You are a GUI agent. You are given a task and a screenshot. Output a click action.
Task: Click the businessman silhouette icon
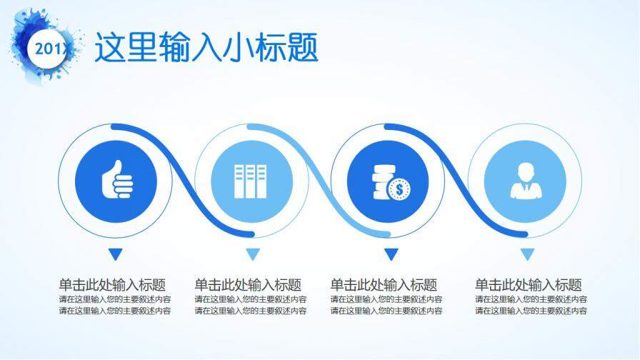pos(525,180)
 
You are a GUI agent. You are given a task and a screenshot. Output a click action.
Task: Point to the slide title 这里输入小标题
pos(206,48)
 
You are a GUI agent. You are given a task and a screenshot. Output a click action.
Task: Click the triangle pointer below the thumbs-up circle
pos(116,254)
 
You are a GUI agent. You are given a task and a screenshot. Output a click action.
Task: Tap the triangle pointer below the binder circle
pos(251,254)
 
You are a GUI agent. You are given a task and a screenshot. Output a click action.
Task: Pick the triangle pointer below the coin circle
pos(391,254)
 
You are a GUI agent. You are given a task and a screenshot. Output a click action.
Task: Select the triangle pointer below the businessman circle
pos(527,254)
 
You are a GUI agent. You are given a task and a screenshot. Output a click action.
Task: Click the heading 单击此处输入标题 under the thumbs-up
pos(113,284)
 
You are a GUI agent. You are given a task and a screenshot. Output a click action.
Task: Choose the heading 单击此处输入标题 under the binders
pos(248,284)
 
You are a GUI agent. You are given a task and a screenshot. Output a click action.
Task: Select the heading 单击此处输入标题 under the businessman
pos(529,284)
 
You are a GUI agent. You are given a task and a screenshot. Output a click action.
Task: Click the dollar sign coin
pos(398,189)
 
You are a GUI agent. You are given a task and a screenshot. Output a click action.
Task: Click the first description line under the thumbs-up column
pos(115,299)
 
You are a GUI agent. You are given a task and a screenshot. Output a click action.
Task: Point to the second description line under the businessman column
pos(531,311)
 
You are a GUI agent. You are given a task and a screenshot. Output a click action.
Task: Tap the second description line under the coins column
pos(386,311)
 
